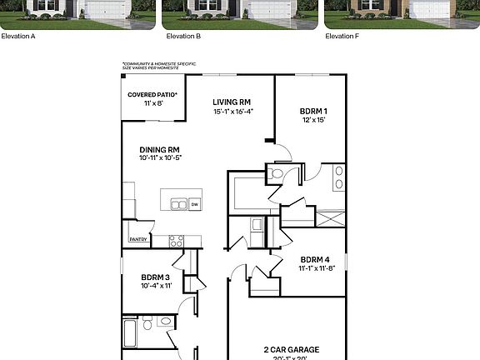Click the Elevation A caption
(x=18, y=37)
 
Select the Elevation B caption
(x=183, y=37)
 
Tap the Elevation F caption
(x=342, y=37)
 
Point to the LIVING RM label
(x=232, y=102)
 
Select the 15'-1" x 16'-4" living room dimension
(x=232, y=111)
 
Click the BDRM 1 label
(x=313, y=111)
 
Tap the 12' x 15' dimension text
(x=313, y=120)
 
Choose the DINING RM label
(x=160, y=149)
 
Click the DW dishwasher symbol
(x=194, y=204)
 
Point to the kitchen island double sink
(x=177, y=204)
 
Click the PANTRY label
(x=138, y=240)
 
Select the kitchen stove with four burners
(x=176, y=241)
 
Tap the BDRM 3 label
(x=156, y=277)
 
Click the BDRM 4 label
(x=316, y=258)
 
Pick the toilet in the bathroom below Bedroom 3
(x=147, y=323)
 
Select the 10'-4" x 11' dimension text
(x=156, y=286)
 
